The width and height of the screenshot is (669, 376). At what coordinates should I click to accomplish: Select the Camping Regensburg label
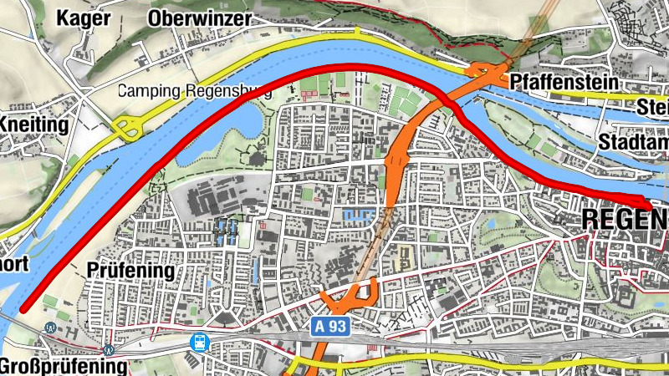pyautogui.click(x=195, y=92)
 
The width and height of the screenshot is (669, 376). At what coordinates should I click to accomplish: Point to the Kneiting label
pyautogui.click(x=33, y=125)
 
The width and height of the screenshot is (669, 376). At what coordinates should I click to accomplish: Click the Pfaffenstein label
pyautogui.click(x=563, y=83)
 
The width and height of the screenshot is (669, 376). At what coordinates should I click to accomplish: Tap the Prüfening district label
pyautogui.click(x=130, y=271)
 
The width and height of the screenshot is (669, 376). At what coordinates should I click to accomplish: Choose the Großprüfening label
pyautogui.click(x=64, y=366)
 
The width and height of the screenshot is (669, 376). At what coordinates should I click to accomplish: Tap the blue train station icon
pyautogui.click(x=200, y=341)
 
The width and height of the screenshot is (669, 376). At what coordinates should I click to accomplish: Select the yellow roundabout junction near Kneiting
pyautogui.click(x=127, y=129)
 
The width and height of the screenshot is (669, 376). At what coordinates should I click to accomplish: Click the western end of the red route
pyautogui.click(x=23, y=307)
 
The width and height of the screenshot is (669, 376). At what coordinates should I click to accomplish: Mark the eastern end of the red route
pyautogui.click(x=652, y=205)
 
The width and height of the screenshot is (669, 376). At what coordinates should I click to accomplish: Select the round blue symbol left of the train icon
pyautogui.click(x=108, y=350)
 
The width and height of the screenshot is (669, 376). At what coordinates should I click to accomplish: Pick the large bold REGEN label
pyautogui.click(x=624, y=220)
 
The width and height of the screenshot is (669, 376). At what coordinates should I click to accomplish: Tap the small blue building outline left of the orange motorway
pyautogui.click(x=356, y=215)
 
